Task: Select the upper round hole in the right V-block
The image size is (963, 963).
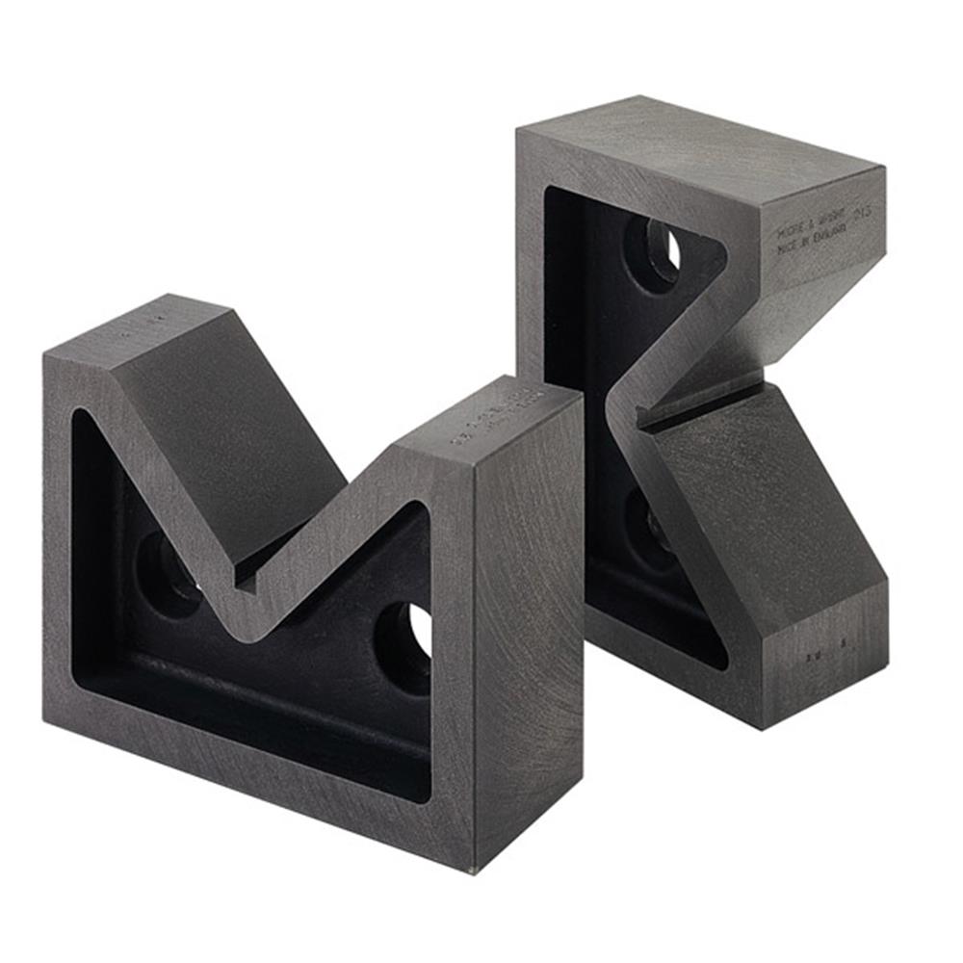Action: click(657, 253)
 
